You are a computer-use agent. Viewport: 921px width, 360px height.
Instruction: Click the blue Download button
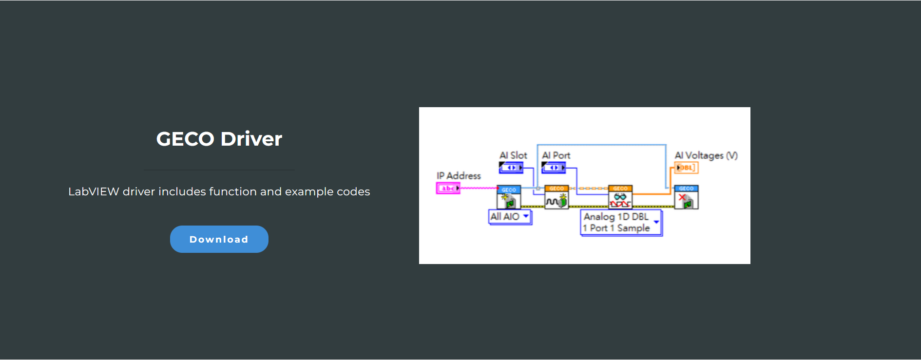point(219,239)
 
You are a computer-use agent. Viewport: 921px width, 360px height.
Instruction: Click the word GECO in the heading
point(185,139)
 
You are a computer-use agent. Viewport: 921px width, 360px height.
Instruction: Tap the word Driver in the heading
point(251,139)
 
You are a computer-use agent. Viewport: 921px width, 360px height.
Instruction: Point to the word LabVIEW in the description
point(94,191)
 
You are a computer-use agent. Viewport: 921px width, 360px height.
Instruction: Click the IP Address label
point(458,175)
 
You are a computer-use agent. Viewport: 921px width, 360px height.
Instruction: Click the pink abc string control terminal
point(448,188)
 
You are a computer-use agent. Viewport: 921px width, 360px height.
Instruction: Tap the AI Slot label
point(513,155)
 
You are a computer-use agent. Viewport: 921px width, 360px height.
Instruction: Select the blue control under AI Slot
point(511,168)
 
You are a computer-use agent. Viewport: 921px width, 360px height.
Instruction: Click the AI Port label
point(556,155)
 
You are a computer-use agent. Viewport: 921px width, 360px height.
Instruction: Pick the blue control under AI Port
point(554,168)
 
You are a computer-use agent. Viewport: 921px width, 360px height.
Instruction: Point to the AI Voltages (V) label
point(706,155)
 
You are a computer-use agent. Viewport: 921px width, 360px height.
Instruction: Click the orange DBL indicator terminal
point(686,168)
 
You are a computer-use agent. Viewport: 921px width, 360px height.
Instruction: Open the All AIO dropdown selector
point(510,217)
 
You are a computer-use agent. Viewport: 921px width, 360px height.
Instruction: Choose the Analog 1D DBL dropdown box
point(621,223)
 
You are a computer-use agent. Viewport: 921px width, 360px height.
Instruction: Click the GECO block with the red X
point(686,197)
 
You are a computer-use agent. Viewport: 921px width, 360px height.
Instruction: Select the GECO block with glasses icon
point(620,197)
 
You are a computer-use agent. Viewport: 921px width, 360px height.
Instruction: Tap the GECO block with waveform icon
point(556,197)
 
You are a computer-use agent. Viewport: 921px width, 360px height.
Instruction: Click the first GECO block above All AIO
point(509,198)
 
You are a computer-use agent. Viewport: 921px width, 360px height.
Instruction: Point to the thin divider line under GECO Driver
point(219,170)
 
